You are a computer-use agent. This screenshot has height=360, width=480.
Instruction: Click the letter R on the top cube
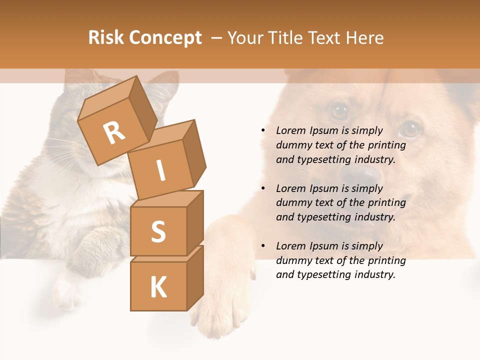114,133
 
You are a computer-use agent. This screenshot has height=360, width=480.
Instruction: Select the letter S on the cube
158,231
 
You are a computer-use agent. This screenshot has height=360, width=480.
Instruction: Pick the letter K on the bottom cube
158,287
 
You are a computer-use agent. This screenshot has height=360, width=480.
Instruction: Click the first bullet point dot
263,130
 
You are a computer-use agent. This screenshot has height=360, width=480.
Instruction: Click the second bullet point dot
263,188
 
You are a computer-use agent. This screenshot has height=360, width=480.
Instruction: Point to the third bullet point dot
263,246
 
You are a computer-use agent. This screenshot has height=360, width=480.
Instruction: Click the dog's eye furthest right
410,129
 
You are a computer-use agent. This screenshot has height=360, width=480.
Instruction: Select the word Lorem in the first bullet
290,130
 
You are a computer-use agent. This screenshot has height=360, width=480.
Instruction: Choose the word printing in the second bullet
387,203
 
